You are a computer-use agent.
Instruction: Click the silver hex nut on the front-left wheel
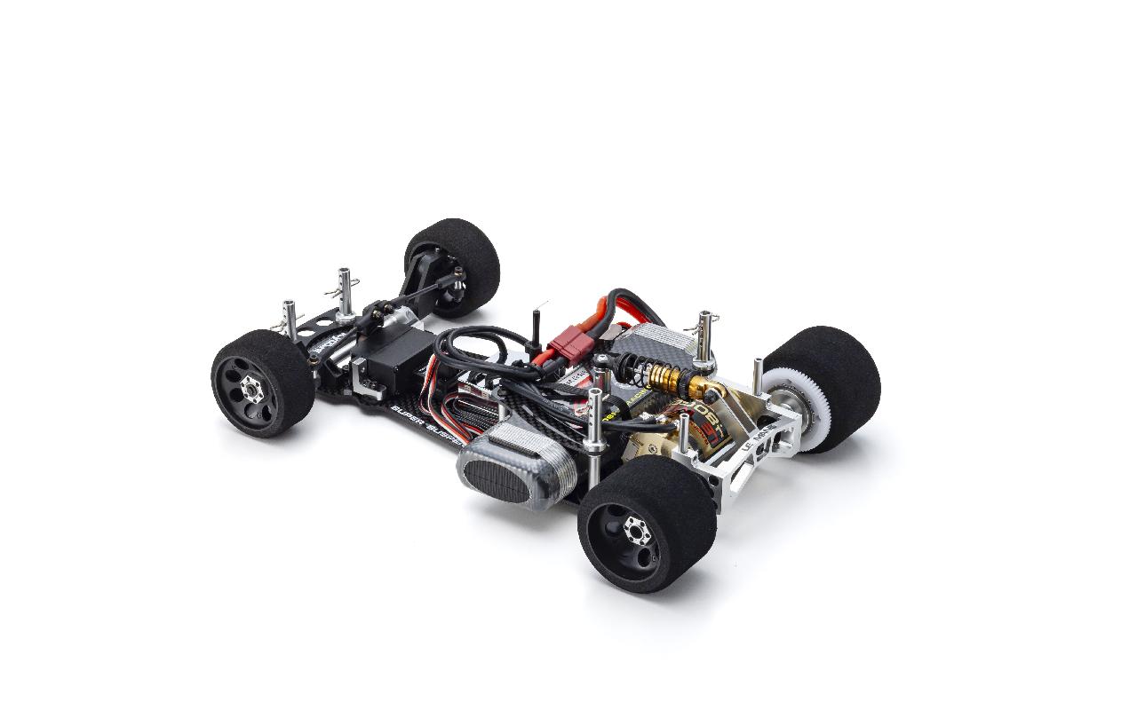252,390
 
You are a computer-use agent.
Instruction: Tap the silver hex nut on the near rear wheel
637,531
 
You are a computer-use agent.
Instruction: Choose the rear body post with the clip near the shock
704,336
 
